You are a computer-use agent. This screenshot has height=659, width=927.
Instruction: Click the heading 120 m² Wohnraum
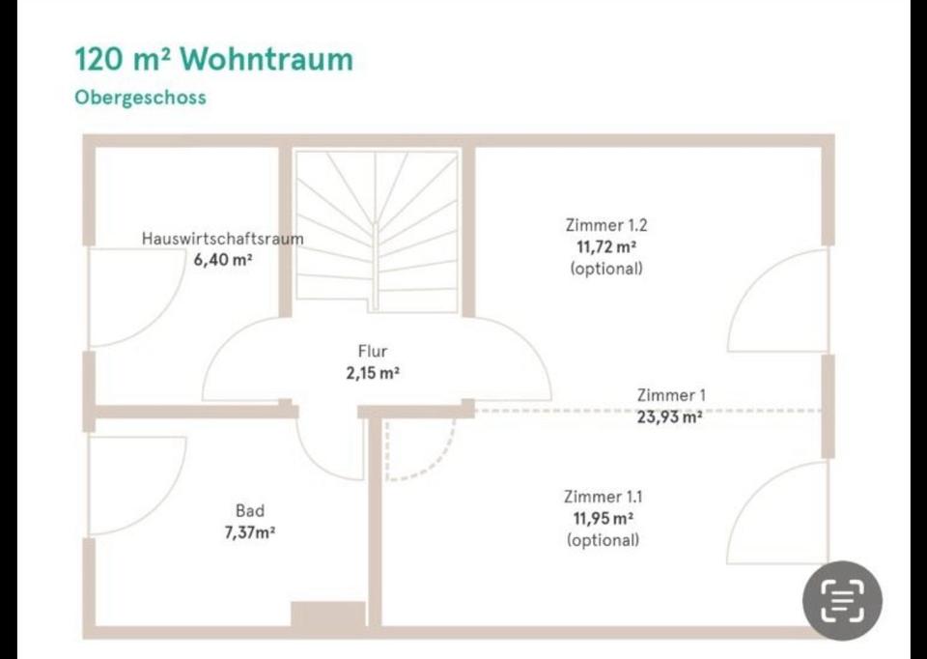point(213,59)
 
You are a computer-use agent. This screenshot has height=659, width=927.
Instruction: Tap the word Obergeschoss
point(140,98)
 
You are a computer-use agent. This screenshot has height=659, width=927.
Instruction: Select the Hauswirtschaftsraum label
point(222,238)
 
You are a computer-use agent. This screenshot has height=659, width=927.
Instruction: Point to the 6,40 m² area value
point(223,259)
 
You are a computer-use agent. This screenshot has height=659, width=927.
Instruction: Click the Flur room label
point(373,352)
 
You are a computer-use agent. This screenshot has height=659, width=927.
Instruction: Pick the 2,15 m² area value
point(373,373)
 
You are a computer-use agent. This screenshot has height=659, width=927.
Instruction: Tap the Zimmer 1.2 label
point(606,225)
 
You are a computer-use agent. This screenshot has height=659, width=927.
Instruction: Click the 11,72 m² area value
point(606,246)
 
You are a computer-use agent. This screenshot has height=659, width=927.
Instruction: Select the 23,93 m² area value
point(670,417)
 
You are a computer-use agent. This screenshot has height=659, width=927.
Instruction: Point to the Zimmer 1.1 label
point(604,497)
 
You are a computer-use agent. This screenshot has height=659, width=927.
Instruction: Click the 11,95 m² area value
point(604,519)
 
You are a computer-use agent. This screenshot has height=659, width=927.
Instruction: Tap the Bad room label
point(250,510)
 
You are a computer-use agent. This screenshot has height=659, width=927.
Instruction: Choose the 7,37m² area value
point(250,532)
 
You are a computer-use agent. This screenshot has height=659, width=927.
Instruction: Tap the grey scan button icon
point(842,600)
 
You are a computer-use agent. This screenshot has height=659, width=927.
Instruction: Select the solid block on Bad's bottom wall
point(328,615)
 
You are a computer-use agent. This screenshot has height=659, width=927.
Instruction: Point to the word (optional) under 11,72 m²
point(606,269)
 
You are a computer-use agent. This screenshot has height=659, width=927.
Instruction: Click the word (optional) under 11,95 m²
point(604,540)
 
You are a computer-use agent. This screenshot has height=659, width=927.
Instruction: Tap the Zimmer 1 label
point(671,395)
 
